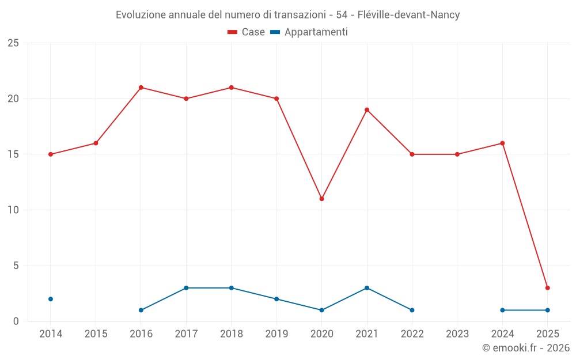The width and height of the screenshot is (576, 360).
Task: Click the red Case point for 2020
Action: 321,199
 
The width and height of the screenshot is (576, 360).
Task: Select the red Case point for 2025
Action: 547,288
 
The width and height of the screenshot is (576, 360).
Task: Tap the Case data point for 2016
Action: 141,88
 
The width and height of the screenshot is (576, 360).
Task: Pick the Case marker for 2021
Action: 367,110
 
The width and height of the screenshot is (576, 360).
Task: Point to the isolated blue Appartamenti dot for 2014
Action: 51,299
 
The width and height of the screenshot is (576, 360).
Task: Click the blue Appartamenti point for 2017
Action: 186,288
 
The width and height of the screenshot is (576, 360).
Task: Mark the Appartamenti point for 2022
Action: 412,310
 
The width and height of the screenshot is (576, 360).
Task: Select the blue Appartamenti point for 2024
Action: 502,310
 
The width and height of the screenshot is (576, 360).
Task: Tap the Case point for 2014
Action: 51,154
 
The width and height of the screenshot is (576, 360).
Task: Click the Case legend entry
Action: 247,32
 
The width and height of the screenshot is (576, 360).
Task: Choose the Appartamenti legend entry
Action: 309,32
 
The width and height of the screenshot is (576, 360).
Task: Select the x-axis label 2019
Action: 276,334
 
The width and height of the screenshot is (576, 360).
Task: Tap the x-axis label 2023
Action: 457,334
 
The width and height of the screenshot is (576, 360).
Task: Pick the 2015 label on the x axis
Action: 96,334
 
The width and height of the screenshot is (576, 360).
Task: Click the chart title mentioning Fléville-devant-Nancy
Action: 287,15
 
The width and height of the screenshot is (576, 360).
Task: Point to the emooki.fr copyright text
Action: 526,348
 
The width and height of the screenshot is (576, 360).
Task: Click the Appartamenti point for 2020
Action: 321,310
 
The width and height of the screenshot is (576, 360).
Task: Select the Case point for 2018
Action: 231,88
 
